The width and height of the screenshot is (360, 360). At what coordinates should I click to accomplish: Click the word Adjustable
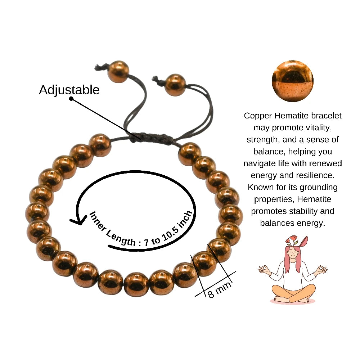[69, 90]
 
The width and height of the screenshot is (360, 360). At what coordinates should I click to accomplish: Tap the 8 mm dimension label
[219, 290]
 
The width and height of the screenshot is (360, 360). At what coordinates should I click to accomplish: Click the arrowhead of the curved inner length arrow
[77, 221]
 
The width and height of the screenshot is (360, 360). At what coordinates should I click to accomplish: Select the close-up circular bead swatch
[292, 81]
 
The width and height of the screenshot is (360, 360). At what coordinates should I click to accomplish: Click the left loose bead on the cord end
[118, 72]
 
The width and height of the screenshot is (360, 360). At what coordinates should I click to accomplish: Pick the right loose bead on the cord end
[175, 85]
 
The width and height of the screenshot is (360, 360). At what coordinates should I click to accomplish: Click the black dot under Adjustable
[71, 99]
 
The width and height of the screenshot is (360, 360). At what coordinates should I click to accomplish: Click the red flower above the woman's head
[293, 238]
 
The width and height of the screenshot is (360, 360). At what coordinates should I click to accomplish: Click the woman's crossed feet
[292, 299]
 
